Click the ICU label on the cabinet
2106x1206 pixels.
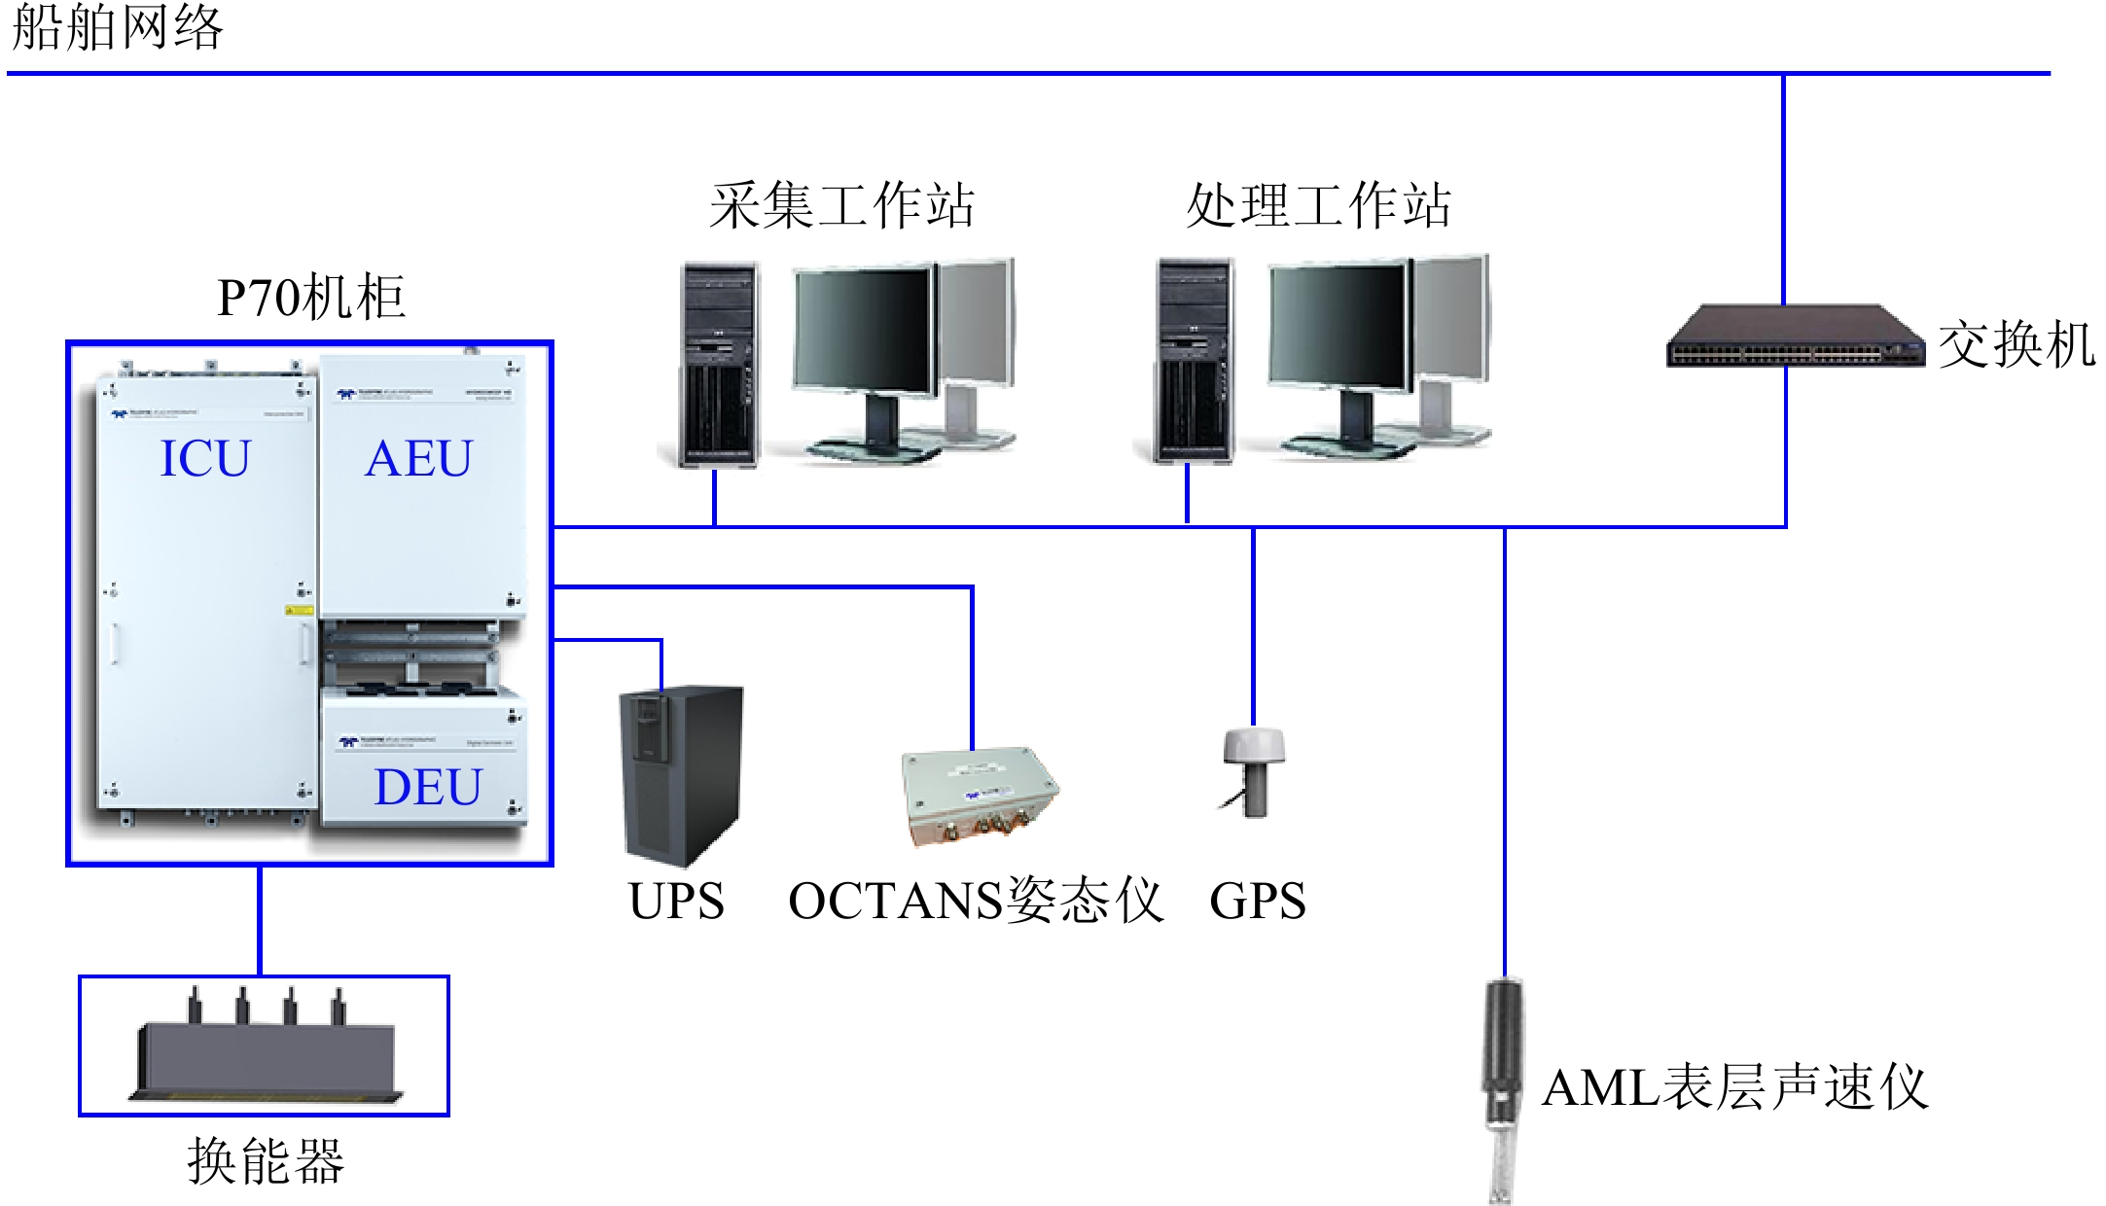pos(205,458)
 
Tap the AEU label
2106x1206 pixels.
pos(418,458)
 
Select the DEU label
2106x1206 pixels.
pos(428,787)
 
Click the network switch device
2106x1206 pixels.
pos(1795,337)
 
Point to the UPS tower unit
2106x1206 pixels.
pos(681,773)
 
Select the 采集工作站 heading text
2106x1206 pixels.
pos(841,205)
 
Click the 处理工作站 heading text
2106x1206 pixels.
pos(1318,205)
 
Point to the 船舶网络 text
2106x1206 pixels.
pos(117,27)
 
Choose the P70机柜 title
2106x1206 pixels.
pos(310,297)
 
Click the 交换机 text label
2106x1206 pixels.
pos(2016,345)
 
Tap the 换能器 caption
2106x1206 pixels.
pos(266,1160)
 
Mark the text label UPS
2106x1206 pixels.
pos(676,901)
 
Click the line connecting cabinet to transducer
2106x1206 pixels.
pos(260,920)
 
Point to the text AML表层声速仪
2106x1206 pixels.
pos(1734,1087)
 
